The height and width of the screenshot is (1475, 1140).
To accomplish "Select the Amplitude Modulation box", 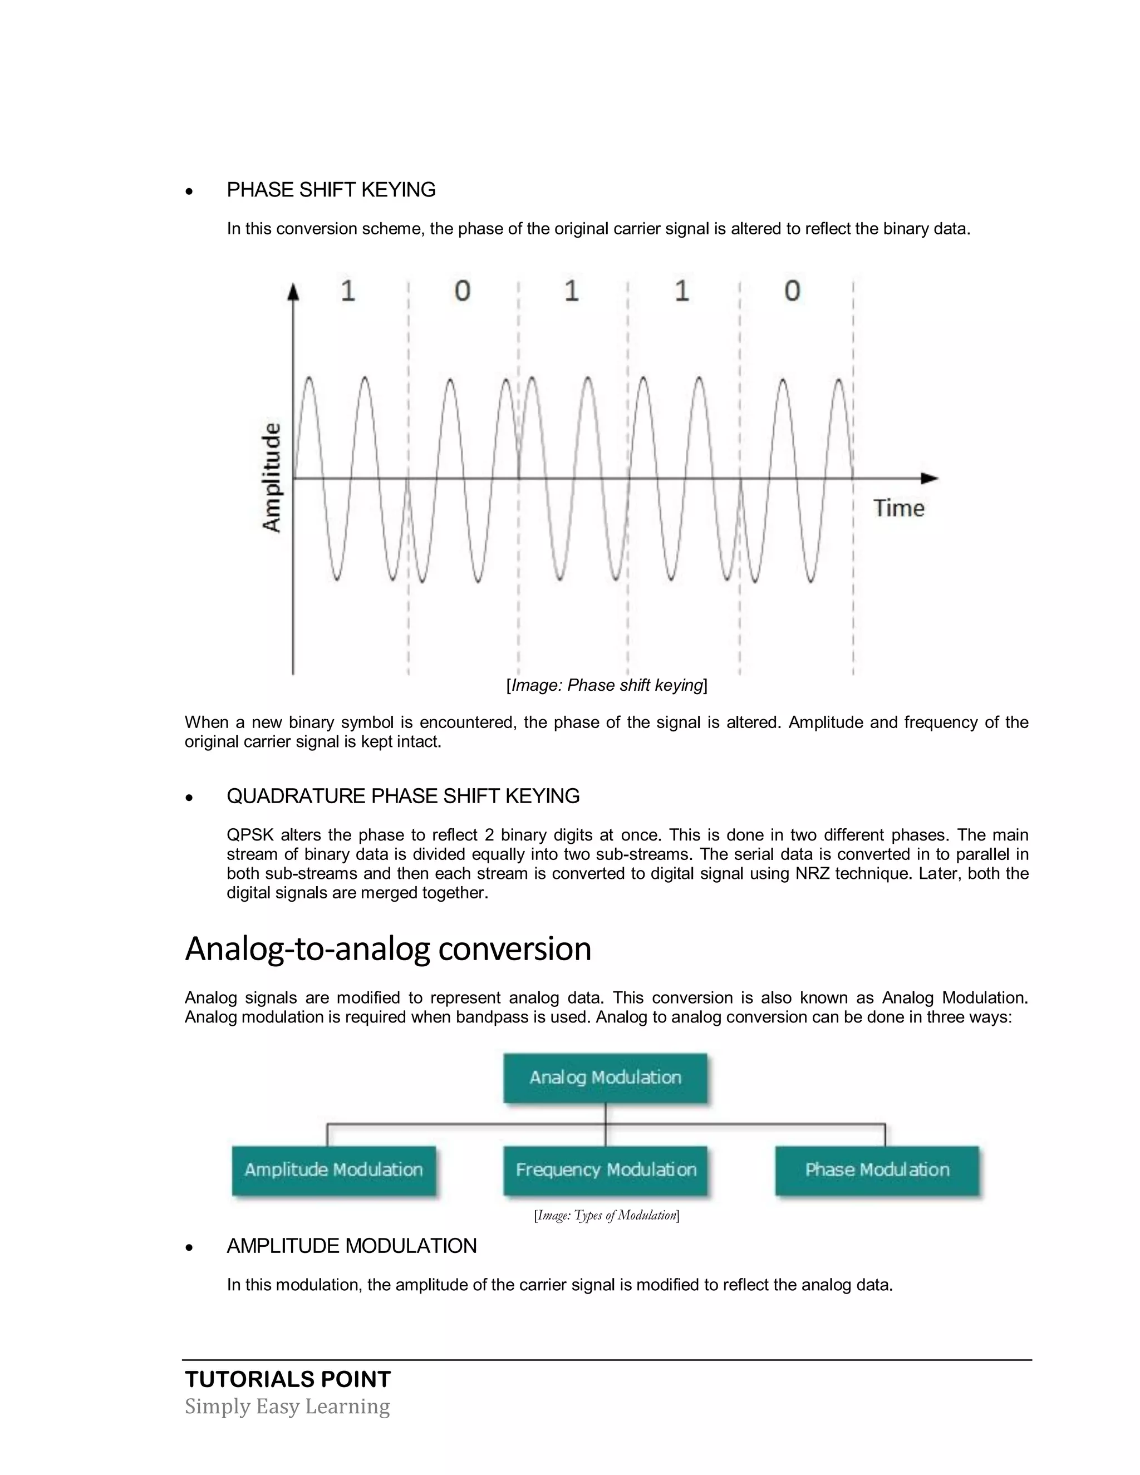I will click(x=333, y=1170).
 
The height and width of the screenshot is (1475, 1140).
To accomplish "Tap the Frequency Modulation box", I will click(x=605, y=1170).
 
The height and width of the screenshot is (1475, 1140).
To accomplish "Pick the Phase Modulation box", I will click(x=877, y=1170).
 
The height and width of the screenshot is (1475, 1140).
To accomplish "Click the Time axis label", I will click(x=898, y=508).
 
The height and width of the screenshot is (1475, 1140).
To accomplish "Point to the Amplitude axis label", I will click(x=272, y=478).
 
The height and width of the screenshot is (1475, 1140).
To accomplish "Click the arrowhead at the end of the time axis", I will click(x=930, y=478).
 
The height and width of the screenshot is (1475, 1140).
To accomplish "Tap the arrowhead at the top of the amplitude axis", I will click(x=292, y=292).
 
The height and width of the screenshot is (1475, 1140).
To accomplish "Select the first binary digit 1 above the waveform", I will click(x=348, y=291).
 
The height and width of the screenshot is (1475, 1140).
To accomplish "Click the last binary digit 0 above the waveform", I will click(x=792, y=291).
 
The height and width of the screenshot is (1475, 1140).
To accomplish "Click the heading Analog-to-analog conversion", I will click(x=387, y=948).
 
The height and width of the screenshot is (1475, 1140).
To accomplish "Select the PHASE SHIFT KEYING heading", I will click(x=331, y=190).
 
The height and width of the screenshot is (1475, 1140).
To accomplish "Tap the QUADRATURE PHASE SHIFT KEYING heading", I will click(x=402, y=796).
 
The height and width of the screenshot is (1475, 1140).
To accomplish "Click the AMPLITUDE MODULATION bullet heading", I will click(x=351, y=1246).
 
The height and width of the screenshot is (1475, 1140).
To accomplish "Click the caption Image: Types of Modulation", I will click(x=607, y=1216).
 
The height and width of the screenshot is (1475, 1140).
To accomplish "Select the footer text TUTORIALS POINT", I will click(x=288, y=1379).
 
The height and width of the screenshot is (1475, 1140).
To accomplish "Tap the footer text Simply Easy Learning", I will click(x=287, y=1407).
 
